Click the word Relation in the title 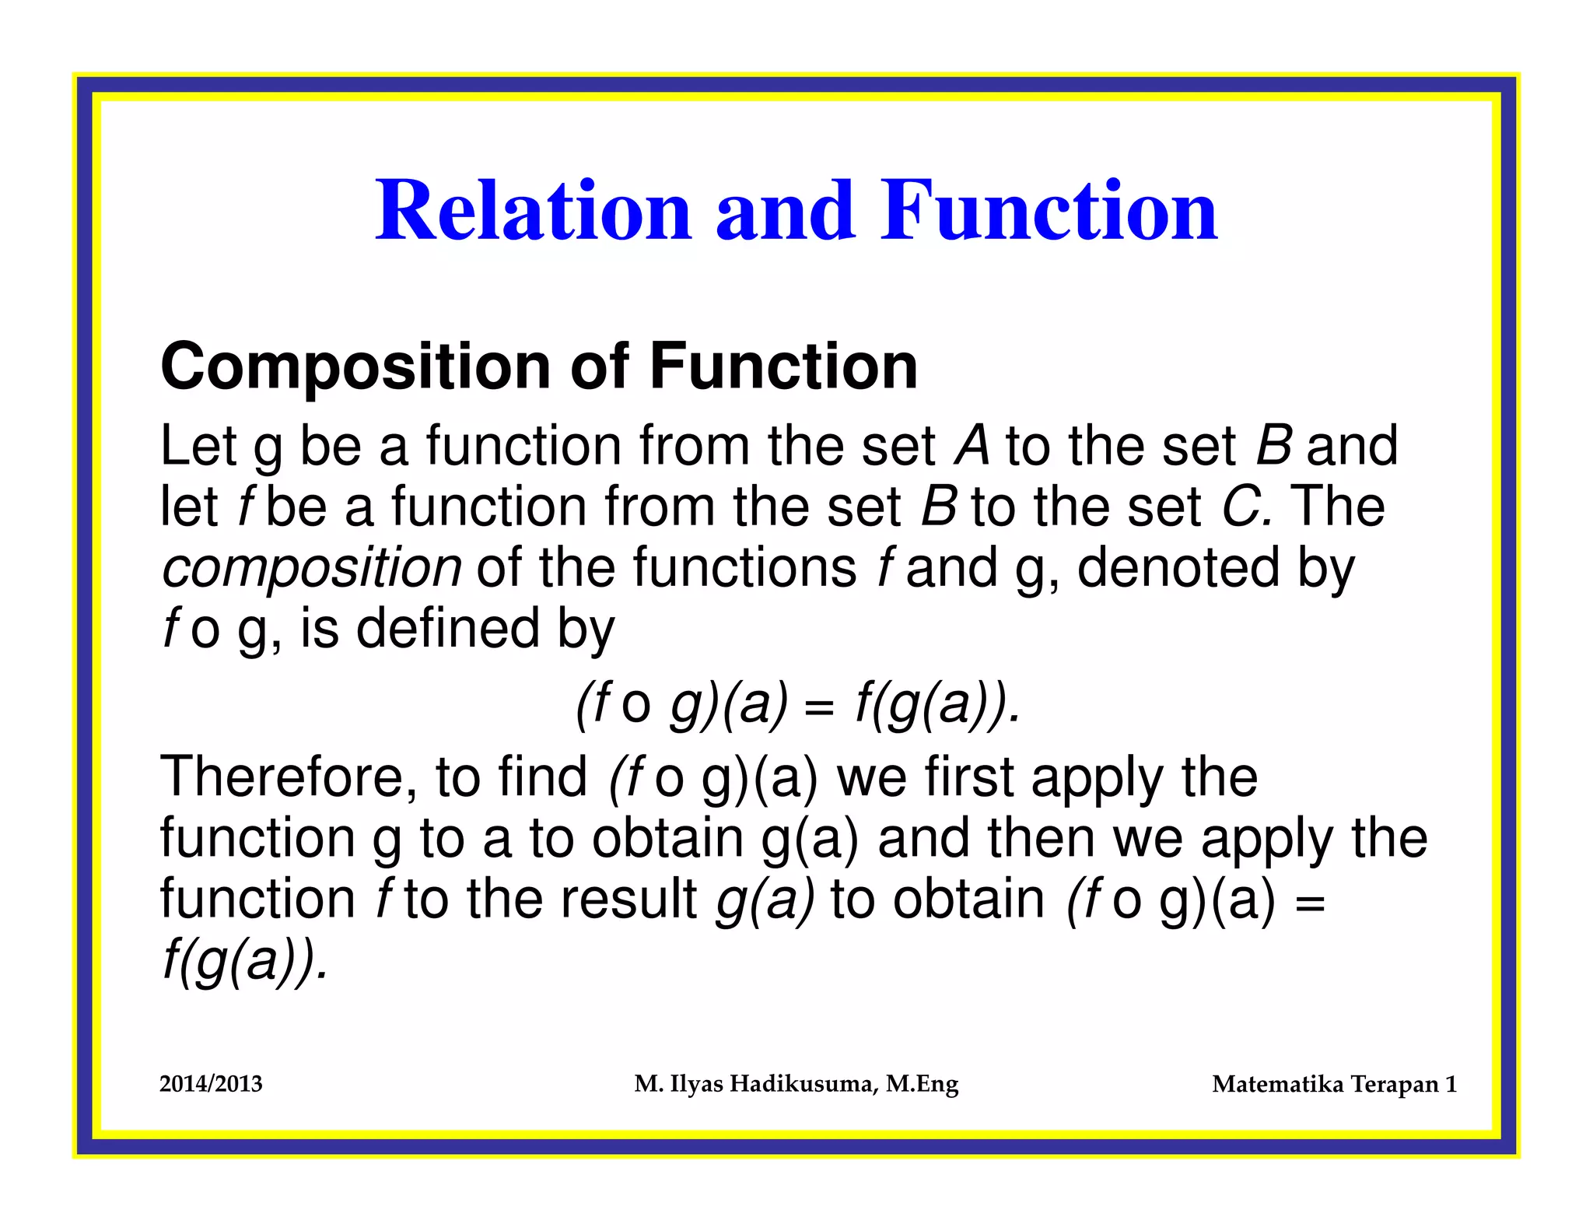pyautogui.click(x=534, y=211)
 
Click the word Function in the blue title pyautogui.click(x=1049, y=211)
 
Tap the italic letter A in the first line pyautogui.click(x=972, y=446)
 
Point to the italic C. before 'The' pyautogui.click(x=1245, y=507)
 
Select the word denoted pyautogui.click(x=1178, y=567)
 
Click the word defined pyautogui.click(x=447, y=628)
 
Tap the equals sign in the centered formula pyautogui.click(x=820, y=707)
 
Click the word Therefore pyautogui.click(x=288, y=777)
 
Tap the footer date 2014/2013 pyautogui.click(x=211, y=1084)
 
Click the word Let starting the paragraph pyautogui.click(x=198, y=446)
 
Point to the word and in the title pyautogui.click(x=785, y=211)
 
